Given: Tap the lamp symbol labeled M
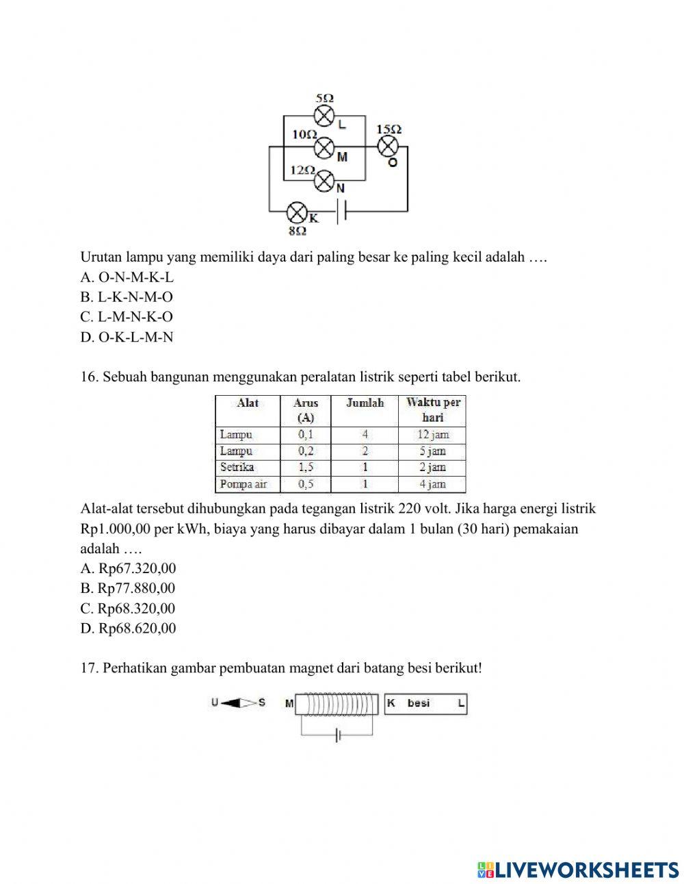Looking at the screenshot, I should tap(324, 147).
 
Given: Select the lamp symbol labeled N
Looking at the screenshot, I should tap(324, 180).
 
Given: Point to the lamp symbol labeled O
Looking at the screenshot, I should tap(389, 147).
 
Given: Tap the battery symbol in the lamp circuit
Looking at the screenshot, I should tap(342, 211).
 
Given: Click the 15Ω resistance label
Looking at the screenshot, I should tap(389, 129).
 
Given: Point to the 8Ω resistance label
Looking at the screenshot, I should tap(296, 231).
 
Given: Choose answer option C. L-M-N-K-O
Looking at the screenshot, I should tap(127, 317).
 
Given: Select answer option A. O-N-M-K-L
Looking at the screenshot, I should tap(127, 277).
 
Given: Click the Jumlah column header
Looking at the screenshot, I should tap(365, 403).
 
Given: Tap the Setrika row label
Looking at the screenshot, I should tap(237, 468).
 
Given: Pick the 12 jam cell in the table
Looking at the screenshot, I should tap(432, 435).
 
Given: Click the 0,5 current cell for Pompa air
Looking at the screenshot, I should tap(306, 484).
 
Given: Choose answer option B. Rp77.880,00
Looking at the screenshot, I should tap(128, 588).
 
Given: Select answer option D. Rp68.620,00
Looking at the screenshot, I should tap(128, 628).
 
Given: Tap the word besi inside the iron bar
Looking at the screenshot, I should tap(419, 703).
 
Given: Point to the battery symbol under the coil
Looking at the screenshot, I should tap(337, 736).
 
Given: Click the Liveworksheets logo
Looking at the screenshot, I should tap(578, 870).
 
